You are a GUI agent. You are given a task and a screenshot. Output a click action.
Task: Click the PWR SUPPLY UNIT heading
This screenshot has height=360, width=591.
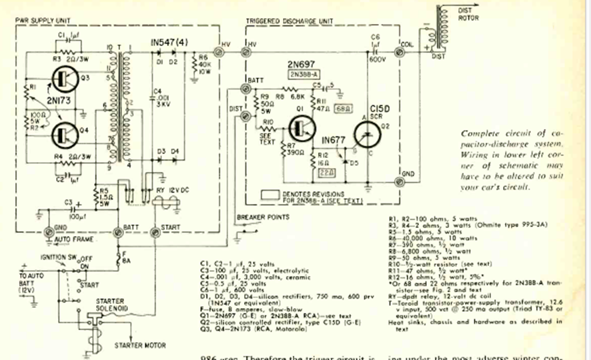point(43,21)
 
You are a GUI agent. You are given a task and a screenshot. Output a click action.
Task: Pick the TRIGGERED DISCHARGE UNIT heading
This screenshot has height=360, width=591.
point(289,21)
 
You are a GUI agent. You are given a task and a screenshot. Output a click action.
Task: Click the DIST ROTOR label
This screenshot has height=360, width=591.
point(469,15)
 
